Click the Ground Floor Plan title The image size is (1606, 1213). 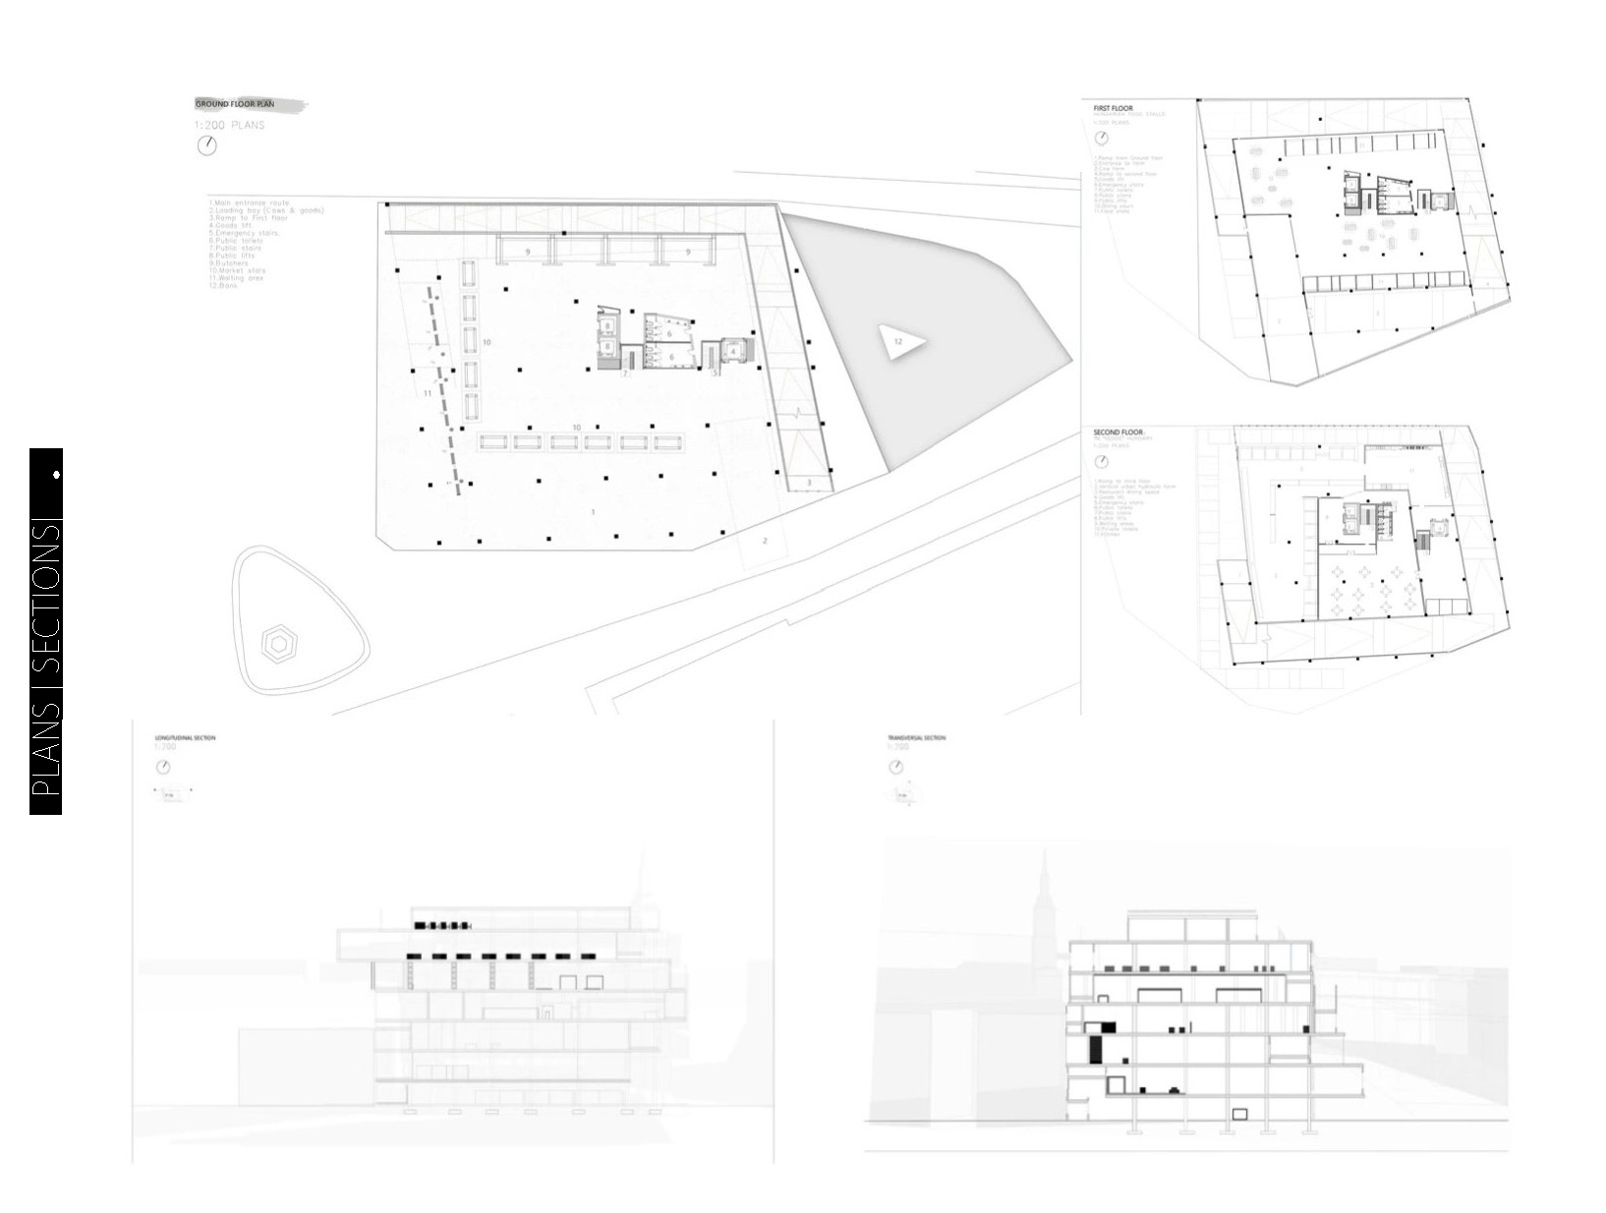pyautogui.click(x=235, y=103)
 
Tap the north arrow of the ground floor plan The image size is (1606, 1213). pyautogui.click(x=206, y=145)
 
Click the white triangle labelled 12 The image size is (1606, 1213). pyautogui.click(x=901, y=342)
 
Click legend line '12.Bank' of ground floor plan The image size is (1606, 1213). pyautogui.click(x=224, y=286)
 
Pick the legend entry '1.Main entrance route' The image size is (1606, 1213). pyautogui.click(x=249, y=202)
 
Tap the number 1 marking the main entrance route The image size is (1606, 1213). pyautogui.click(x=593, y=512)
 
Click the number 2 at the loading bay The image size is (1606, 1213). pyautogui.click(x=766, y=542)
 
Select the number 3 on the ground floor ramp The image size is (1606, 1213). pyautogui.click(x=810, y=483)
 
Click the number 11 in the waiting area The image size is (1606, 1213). pyautogui.click(x=428, y=393)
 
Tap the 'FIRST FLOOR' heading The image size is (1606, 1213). pyautogui.click(x=1113, y=107)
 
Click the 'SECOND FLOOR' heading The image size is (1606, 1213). pyautogui.click(x=1118, y=433)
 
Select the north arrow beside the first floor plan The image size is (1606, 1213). pyautogui.click(x=1101, y=138)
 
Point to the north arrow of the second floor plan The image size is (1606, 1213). pyautogui.click(x=1101, y=461)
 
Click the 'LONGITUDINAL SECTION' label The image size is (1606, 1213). pyautogui.click(x=185, y=737)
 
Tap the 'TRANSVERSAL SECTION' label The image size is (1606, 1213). pyautogui.click(x=916, y=737)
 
